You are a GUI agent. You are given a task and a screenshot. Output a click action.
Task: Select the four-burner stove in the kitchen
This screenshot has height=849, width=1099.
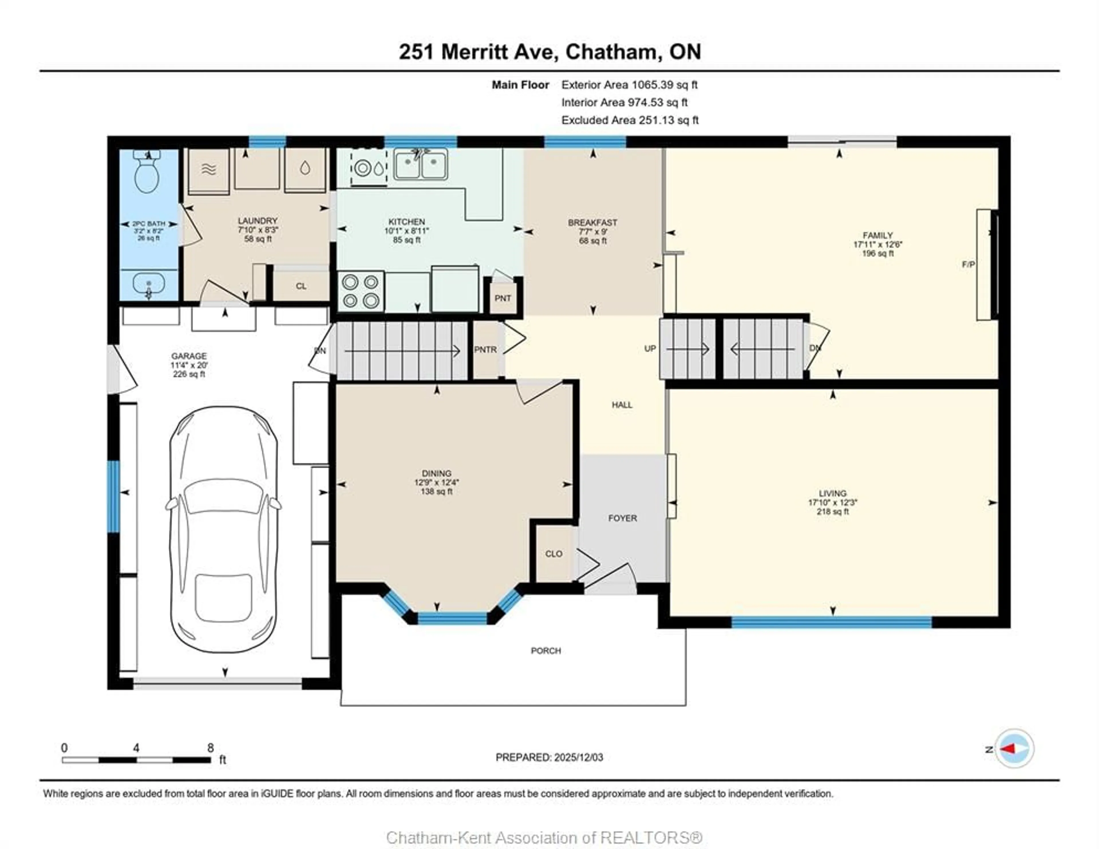[x=360, y=291]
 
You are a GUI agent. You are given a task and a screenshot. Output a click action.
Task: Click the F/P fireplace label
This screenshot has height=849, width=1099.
[x=968, y=264]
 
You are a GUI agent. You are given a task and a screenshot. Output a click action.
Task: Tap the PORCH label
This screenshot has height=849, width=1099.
[x=545, y=651]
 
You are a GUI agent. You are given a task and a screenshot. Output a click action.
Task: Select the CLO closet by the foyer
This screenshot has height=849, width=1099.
[x=554, y=554]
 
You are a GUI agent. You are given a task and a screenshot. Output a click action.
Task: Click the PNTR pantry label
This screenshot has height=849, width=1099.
[x=485, y=350]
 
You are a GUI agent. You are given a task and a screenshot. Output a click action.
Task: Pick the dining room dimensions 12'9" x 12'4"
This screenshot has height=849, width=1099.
[x=436, y=482]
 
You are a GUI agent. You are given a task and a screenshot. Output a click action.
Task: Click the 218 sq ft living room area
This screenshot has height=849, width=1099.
[x=832, y=511]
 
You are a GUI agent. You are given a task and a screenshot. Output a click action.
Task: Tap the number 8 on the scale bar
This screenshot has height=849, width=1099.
[x=210, y=747]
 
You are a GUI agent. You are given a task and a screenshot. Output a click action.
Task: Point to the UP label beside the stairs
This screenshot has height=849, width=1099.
[x=650, y=348]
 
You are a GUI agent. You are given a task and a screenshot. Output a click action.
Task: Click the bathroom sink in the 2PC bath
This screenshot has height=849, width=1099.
[x=149, y=285]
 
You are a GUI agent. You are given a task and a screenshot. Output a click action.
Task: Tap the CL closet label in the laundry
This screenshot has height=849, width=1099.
[x=301, y=286]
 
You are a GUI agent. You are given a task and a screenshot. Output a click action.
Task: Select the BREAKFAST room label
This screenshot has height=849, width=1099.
[x=592, y=222]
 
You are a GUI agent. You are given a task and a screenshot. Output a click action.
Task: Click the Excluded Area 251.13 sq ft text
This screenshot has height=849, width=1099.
[x=630, y=120]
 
